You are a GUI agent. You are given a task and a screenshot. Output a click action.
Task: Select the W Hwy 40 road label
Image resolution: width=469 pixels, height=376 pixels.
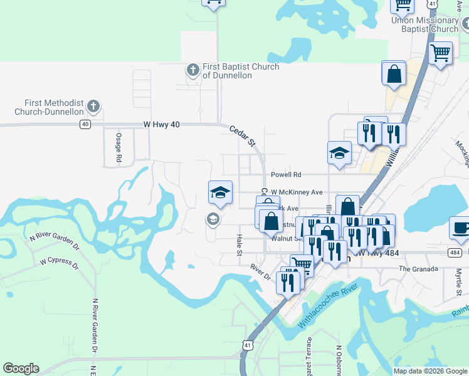tap(161, 125)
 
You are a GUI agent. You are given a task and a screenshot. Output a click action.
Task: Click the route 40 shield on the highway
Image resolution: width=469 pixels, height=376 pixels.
tap(85, 125)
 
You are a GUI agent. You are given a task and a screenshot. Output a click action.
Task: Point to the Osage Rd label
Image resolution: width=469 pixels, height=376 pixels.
tap(118, 147)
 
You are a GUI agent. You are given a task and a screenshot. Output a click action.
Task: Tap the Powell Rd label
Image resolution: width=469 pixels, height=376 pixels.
tap(286, 175)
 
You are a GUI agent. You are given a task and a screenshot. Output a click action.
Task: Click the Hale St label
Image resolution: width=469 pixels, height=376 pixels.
tap(239, 246)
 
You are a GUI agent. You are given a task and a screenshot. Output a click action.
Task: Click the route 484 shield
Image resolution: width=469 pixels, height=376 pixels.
tap(455, 253)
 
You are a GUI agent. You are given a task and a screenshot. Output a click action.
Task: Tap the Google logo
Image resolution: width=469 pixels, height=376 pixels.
tap(21, 368)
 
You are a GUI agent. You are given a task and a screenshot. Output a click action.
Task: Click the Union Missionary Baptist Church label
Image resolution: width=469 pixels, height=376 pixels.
tap(425, 24)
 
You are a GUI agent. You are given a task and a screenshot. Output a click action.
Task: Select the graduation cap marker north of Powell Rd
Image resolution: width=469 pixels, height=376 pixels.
tap(339, 154)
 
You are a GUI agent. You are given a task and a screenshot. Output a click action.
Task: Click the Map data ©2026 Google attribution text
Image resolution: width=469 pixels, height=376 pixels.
tap(429, 371)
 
